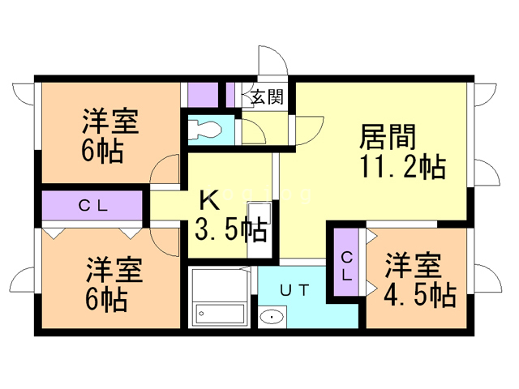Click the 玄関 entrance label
[x=266, y=98]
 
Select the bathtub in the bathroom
[x=219, y=312]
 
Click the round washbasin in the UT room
[x=272, y=317]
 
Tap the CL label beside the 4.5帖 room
[x=346, y=265]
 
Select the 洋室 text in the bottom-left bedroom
[x=114, y=268]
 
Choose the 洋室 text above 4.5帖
[x=413, y=266]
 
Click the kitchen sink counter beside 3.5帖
[x=257, y=229]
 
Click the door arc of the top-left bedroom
[x=165, y=170]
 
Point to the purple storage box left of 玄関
[x=202, y=95]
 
